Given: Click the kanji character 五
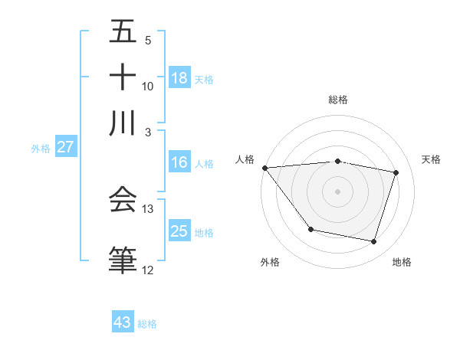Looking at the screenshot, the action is (x=123, y=34).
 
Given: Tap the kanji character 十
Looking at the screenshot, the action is (x=123, y=78).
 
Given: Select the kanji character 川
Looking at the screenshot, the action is (x=123, y=123).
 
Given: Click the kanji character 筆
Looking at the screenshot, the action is (x=123, y=260).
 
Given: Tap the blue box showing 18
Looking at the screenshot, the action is (x=179, y=78).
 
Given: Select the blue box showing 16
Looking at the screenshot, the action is (x=179, y=162).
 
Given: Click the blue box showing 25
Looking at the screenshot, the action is (x=179, y=231).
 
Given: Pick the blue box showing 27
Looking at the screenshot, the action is (x=65, y=148).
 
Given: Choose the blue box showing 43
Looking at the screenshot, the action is (x=123, y=322).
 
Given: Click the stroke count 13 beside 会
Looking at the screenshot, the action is (x=148, y=209).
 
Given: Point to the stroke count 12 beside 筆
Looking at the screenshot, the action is (x=148, y=270).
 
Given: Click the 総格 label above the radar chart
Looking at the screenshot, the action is (x=337, y=100).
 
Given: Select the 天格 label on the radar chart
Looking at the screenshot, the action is (x=432, y=159).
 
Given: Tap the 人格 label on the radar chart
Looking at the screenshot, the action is (x=245, y=159).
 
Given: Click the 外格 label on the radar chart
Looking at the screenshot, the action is (x=270, y=263).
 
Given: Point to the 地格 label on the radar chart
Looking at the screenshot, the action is (x=402, y=263).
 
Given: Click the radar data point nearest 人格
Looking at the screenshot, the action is (x=264, y=168).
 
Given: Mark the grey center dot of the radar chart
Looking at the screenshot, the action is (x=337, y=191).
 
